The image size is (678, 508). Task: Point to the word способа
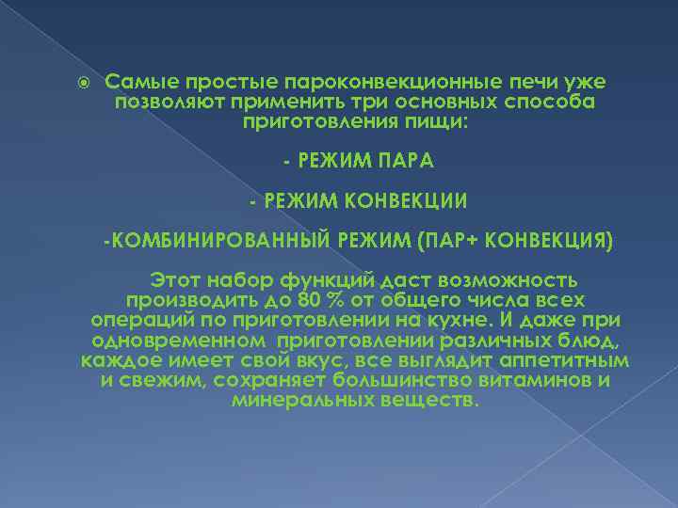553,103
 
